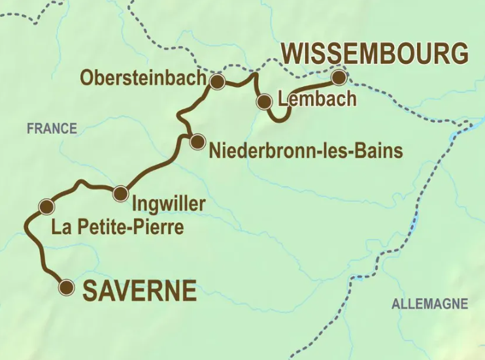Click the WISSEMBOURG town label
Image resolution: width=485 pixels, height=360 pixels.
pyautogui.click(x=376, y=54)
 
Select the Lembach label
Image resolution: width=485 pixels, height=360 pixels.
pyautogui.click(x=317, y=99)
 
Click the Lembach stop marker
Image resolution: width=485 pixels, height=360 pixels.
pyautogui.click(x=264, y=101)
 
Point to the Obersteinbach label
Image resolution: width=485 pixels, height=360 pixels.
pyautogui.click(x=141, y=78)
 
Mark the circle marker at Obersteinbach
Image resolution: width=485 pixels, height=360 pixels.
pyautogui.click(x=217, y=82)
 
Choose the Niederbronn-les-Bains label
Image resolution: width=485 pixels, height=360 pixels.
pyautogui.click(x=305, y=152)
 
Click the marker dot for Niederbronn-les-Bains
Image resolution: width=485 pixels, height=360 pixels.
pyautogui.click(x=197, y=142)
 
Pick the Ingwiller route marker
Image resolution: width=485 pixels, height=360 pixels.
pyautogui.click(x=120, y=193)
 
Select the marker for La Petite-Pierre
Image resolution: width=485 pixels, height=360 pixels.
pyautogui.click(x=46, y=207)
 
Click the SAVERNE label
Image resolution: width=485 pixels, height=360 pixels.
pyautogui.click(x=139, y=291)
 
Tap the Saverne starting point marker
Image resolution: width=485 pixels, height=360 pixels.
pyautogui.click(x=66, y=287)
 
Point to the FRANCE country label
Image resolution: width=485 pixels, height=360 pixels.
pyautogui.click(x=52, y=129)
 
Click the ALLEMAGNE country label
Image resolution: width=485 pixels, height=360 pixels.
pyautogui.click(x=429, y=304)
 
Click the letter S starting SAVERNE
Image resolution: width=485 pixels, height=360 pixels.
pyautogui.click(x=90, y=291)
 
